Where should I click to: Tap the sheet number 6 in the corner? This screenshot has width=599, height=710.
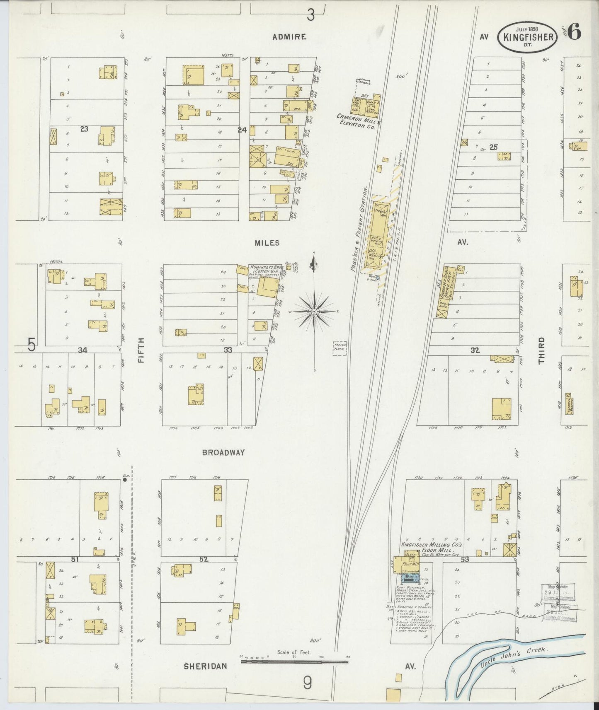pos(574,32)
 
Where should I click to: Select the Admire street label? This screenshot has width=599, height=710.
pos(289,37)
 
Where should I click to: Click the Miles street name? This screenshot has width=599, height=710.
pos(267,243)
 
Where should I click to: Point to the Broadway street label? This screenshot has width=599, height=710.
pos(223,453)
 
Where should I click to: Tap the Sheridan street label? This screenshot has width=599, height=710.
pos(206,666)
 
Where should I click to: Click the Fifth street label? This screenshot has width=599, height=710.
pos(141,350)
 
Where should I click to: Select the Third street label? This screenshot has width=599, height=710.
pos(541,350)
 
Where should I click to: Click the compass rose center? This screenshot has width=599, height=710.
pos(314,311)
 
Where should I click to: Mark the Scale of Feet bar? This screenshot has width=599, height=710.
pos(294,662)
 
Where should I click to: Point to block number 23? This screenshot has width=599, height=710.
pos(84,129)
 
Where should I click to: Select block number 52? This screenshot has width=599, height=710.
pos(204,559)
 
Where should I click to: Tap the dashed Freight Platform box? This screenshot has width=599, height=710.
pos(340,348)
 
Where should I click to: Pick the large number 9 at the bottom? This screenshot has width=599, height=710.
pos(307,683)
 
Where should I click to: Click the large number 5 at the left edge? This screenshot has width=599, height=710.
pos(32,345)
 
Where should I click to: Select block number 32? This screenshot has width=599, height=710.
pos(475,350)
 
